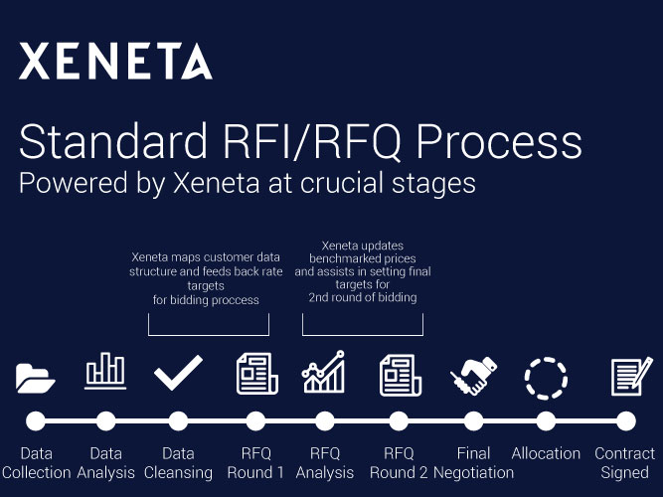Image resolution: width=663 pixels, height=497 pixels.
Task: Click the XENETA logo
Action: click(x=115, y=61)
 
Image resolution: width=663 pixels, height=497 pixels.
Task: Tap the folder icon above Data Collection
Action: click(x=35, y=378)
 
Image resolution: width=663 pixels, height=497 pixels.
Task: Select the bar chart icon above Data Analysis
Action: click(x=105, y=371)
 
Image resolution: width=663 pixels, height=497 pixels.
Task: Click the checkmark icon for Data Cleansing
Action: click(x=178, y=373)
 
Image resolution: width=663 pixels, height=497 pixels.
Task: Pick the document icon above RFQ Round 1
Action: click(x=256, y=374)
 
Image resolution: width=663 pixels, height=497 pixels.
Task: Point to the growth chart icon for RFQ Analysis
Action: click(x=323, y=372)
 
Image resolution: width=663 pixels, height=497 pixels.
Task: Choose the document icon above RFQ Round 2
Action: click(x=400, y=375)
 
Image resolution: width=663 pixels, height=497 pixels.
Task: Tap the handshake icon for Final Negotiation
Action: click(x=473, y=376)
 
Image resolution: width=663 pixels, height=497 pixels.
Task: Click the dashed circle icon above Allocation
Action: click(x=546, y=378)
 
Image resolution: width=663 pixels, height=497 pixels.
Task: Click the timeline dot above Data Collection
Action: click(x=36, y=420)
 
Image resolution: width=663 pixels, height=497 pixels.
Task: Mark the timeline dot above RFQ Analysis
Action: click(x=325, y=420)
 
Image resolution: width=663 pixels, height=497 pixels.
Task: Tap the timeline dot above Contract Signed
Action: click(x=626, y=420)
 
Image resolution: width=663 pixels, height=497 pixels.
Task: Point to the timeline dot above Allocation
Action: click(x=546, y=420)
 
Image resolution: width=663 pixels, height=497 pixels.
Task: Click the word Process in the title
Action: click(x=499, y=141)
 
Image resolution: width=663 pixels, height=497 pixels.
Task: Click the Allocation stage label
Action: click(x=546, y=453)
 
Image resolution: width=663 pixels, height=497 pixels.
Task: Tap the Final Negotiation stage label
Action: click(x=473, y=463)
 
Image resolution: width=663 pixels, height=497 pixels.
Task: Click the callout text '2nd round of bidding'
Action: click(x=363, y=297)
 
